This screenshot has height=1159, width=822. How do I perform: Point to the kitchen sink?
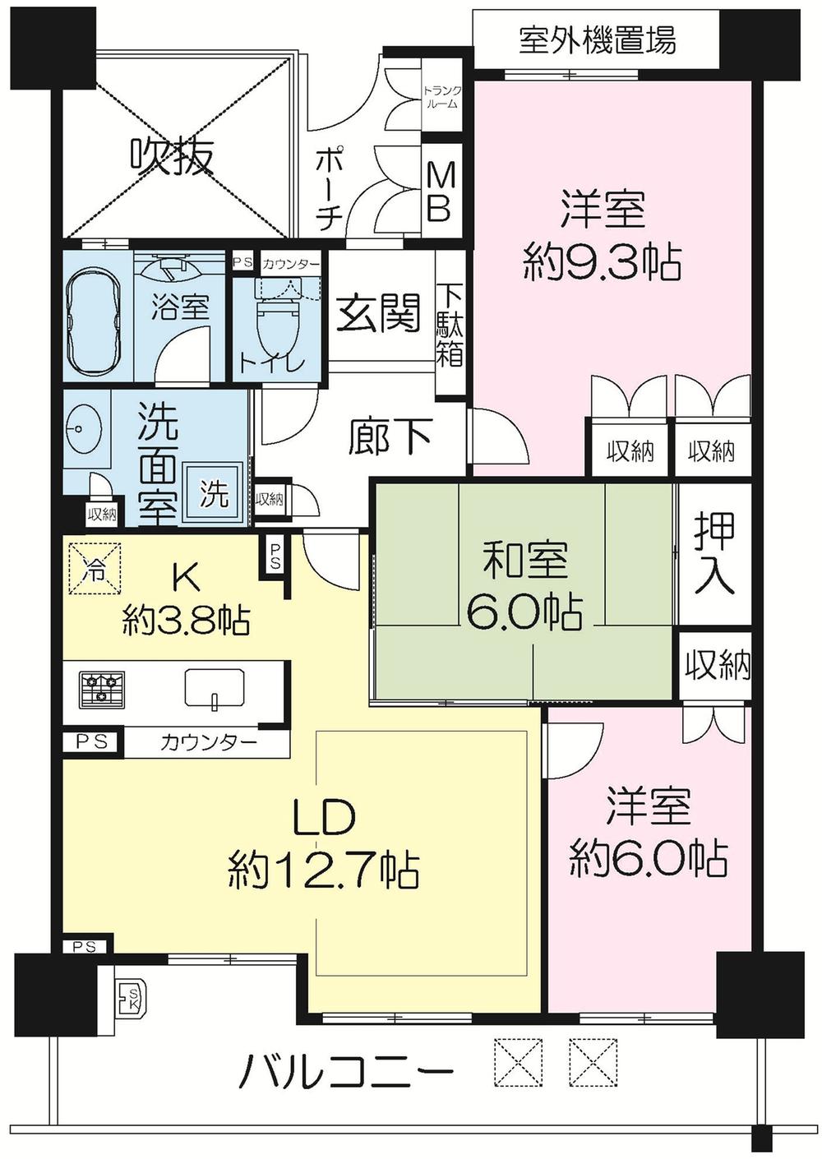pyautogui.click(x=214, y=686)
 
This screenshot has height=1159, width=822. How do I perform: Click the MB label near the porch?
pyautogui.click(x=438, y=192)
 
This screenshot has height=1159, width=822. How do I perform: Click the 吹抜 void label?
pyautogui.click(x=173, y=156)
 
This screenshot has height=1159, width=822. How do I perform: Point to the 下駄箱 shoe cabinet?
pyautogui.click(x=449, y=325)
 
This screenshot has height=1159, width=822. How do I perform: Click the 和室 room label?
pyautogui.click(x=524, y=563)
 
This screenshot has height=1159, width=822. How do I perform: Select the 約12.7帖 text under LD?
pyautogui.click(x=324, y=869)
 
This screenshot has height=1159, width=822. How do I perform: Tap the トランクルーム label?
pyautogui.click(x=441, y=97)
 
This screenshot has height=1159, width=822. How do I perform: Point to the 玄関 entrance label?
pyautogui.click(x=380, y=313)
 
